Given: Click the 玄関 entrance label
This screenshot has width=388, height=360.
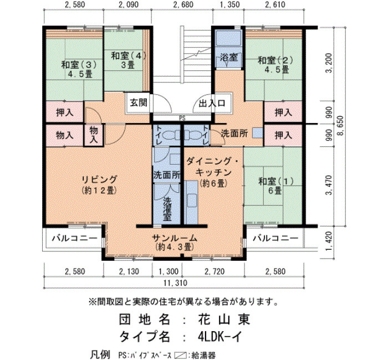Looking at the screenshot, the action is pos(139,102).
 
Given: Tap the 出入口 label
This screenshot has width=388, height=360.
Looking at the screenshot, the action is pos(212,103).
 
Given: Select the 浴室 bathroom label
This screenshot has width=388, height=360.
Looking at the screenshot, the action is pos(229,58).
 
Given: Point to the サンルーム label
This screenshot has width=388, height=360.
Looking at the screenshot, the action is pos(175,238).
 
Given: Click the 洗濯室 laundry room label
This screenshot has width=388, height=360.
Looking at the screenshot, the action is pos(167,209).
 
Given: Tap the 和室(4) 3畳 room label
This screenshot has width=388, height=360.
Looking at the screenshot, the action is pos(128,60).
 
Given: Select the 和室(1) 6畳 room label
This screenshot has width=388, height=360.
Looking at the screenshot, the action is pos(275,186).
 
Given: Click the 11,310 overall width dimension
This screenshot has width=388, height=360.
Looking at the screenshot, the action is pos(175,282).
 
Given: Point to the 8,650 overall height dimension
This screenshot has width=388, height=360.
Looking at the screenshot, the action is pos(342,126).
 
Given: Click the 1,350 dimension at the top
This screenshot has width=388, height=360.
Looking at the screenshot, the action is pos(229,4).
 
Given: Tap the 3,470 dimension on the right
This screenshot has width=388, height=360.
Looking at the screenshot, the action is pos(329,185).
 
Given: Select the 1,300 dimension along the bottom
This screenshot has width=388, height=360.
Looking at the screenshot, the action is pos(169,271).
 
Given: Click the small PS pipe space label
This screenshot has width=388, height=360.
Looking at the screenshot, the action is pos(182,119).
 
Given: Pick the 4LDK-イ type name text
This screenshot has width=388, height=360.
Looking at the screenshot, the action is pos(219,336).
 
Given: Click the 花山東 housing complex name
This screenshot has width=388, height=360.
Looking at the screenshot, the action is pos(224,319).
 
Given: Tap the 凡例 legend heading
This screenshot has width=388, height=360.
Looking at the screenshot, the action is pos(100,355).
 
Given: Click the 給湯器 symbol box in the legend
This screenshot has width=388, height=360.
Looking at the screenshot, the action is pos(180,356).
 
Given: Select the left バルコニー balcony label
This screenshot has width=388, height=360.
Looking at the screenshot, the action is pos(75,238).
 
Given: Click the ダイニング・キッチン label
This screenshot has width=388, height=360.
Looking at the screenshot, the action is pos(213,167).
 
